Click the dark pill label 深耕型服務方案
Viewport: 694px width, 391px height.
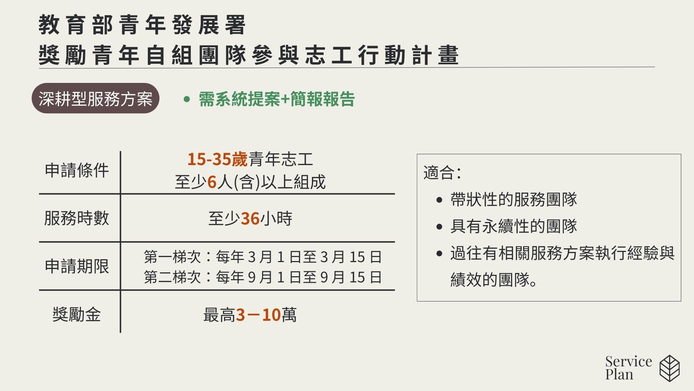click(95, 98)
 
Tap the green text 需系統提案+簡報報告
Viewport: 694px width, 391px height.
click(277, 99)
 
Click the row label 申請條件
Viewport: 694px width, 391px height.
click(77, 170)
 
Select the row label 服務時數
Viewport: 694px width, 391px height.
click(77, 218)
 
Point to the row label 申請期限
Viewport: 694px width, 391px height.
click(77, 266)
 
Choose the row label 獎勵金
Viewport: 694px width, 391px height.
click(77, 314)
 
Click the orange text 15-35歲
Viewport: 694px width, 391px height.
click(217, 159)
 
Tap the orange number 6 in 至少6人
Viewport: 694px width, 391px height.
click(212, 182)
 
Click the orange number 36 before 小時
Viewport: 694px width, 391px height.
click(250, 219)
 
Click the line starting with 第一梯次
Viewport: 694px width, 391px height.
click(263, 257)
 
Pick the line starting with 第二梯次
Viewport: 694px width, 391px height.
click(263, 277)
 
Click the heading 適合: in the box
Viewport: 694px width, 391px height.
click(442, 173)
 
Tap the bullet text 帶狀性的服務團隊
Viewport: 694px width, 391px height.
click(514, 199)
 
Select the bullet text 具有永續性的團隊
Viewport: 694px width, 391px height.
click(514, 226)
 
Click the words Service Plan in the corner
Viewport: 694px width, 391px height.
click(629, 368)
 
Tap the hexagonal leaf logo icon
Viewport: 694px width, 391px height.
click(670, 368)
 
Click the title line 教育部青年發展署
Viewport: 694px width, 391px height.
click(142, 25)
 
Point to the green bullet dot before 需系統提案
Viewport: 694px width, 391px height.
click(187, 99)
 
